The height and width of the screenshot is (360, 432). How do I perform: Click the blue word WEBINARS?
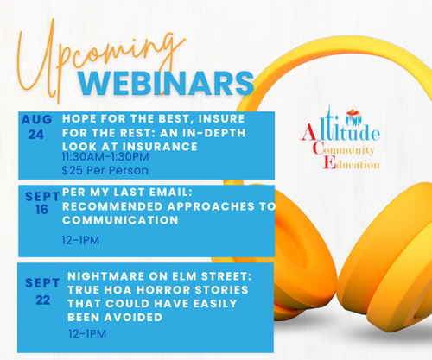pyautogui.click(x=166, y=84)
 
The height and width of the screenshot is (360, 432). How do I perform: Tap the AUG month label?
pyautogui.click(x=36, y=119)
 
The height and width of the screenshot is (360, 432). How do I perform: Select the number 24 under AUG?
pyautogui.click(x=36, y=135)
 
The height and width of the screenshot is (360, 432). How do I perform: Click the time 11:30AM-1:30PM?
pyautogui.click(x=105, y=157)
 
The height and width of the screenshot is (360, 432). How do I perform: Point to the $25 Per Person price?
pyautogui.click(x=105, y=170)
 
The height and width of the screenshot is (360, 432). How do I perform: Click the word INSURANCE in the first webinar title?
pyautogui.click(x=160, y=147)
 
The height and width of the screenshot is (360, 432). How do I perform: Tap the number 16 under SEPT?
pyautogui.click(x=41, y=210)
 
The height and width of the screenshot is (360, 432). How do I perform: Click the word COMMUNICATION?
pyautogui.click(x=120, y=220)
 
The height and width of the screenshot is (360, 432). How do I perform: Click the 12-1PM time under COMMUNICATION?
pyautogui.click(x=80, y=240)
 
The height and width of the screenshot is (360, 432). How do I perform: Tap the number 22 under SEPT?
pyautogui.click(x=43, y=300)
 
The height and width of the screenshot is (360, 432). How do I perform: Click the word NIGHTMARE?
pyautogui.click(x=106, y=276)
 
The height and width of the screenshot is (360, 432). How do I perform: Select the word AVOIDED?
pyautogui.click(x=133, y=318)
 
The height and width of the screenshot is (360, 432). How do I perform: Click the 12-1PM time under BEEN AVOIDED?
pyautogui.click(x=87, y=334)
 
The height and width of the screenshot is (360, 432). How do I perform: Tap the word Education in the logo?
pyautogui.click(x=351, y=163)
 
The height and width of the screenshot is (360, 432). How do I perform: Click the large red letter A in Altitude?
pyautogui.click(x=308, y=132)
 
